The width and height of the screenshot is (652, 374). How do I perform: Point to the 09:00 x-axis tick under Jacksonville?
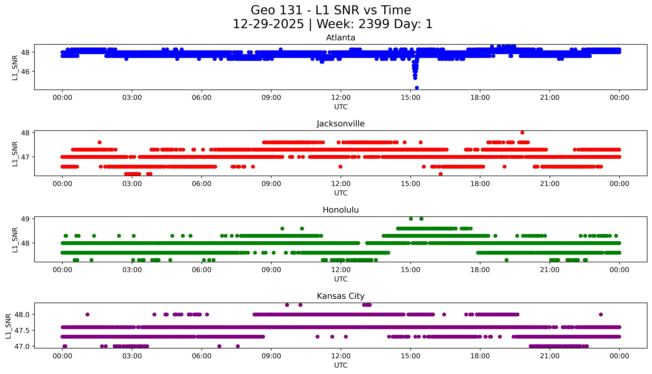tap(271, 184)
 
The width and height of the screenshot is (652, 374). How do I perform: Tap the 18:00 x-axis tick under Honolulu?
tap(480, 270)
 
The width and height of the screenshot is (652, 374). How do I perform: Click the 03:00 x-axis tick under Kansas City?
tap(132, 356)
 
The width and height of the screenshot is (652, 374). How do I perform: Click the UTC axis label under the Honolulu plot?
tap(341, 279)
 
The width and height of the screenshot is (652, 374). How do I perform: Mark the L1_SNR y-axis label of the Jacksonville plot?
tap(15, 154)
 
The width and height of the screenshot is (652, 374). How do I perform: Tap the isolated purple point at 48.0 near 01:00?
tap(87, 314)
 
